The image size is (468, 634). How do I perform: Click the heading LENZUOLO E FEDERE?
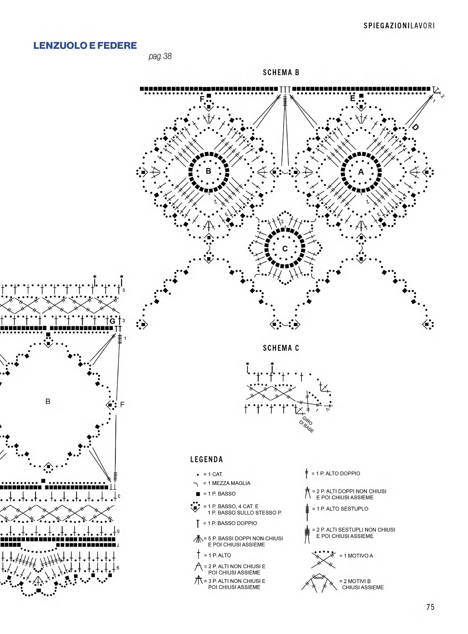[85, 46]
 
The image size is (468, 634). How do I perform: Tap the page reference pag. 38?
[160, 56]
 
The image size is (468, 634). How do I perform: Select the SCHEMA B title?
[281, 73]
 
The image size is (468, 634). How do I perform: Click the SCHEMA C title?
[281, 348]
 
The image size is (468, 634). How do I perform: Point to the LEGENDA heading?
[206, 460]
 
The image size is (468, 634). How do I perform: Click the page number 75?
[430, 607]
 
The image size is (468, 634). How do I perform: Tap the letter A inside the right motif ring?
[361, 172]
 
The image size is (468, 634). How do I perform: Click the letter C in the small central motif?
[285, 249]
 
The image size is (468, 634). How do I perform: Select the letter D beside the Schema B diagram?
[415, 127]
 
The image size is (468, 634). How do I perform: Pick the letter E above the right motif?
[353, 98]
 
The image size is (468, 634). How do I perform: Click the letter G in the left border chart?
[112, 321]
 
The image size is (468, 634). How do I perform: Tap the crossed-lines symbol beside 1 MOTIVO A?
[323, 559]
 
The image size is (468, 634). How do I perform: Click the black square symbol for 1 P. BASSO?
[197, 494]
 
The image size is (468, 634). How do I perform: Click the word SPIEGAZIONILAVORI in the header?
[399, 26]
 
